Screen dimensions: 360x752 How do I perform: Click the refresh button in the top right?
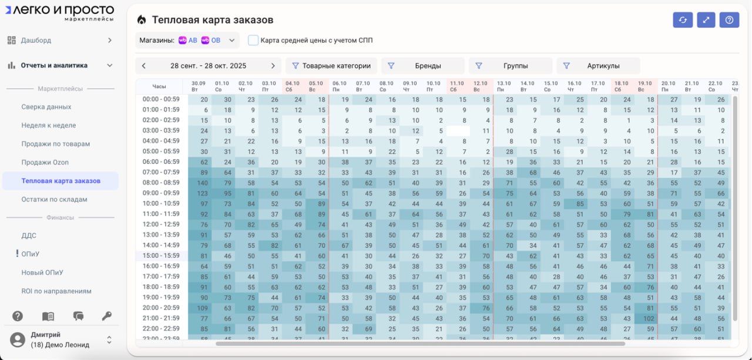point(683,20)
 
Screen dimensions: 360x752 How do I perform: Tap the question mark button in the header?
point(729,20)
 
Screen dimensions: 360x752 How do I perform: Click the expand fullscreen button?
point(706,20)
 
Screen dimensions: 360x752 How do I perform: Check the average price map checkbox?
point(253,41)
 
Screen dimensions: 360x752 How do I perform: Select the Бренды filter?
point(422,66)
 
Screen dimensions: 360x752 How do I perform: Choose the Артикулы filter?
point(597,66)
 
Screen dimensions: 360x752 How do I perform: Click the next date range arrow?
point(273,66)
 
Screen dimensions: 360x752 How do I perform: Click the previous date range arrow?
point(144,66)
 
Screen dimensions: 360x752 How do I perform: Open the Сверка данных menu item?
point(46,107)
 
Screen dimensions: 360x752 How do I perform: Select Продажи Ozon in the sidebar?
point(45,162)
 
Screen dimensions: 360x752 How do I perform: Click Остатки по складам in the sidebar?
point(54,199)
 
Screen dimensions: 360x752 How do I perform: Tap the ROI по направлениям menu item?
point(56,291)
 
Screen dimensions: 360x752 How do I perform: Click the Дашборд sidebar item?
point(36,41)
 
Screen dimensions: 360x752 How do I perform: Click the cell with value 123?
point(203,193)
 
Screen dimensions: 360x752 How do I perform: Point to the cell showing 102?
point(648,318)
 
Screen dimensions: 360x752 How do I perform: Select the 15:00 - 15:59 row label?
point(161,255)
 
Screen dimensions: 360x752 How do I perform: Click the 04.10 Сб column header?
point(292,86)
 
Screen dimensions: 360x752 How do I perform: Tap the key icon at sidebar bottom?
point(106,316)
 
